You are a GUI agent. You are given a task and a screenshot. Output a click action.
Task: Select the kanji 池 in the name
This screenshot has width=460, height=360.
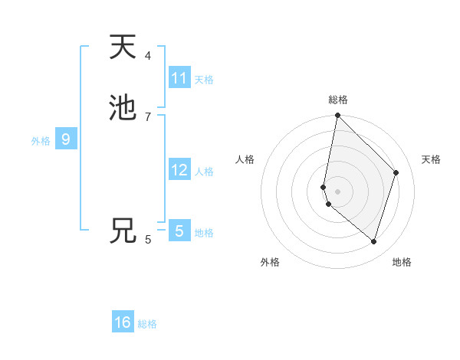(x=123, y=108)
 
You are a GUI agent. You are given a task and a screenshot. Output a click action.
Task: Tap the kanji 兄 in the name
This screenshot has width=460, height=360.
(x=123, y=231)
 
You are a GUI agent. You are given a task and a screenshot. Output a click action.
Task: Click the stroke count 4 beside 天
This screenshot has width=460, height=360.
(x=148, y=56)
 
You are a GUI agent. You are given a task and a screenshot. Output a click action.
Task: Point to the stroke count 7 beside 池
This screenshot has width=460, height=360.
(x=148, y=116)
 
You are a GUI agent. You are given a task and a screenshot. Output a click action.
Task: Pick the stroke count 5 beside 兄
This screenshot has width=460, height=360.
(x=148, y=239)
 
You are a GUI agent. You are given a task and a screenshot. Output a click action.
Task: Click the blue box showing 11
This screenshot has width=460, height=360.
(x=179, y=78)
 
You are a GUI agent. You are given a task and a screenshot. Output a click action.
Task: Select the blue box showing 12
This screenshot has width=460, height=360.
(x=179, y=170)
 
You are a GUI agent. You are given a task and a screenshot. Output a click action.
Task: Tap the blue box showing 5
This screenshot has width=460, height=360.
(x=179, y=231)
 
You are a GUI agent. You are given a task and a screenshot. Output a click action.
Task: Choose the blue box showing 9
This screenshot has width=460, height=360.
(x=66, y=139)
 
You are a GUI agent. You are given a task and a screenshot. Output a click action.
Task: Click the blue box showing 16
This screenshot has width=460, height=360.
(x=123, y=322)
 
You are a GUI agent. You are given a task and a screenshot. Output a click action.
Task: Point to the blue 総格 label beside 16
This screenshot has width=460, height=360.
(x=147, y=324)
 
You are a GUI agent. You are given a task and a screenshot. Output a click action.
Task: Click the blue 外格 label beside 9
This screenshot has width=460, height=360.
(x=41, y=141)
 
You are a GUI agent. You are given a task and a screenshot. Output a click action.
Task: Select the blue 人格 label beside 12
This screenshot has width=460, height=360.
(x=204, y=172)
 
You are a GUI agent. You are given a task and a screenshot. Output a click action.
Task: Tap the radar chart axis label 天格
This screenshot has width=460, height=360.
(x=431, y=159)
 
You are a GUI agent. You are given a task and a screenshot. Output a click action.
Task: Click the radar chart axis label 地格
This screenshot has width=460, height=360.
(x=402, y=262)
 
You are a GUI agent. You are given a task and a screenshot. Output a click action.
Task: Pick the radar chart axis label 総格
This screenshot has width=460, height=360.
(x=338, y=100)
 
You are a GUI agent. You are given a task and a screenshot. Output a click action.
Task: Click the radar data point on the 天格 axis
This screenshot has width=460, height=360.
(x=396, y=172)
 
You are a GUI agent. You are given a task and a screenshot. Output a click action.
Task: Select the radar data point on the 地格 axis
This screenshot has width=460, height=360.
(x=373, y=241)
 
